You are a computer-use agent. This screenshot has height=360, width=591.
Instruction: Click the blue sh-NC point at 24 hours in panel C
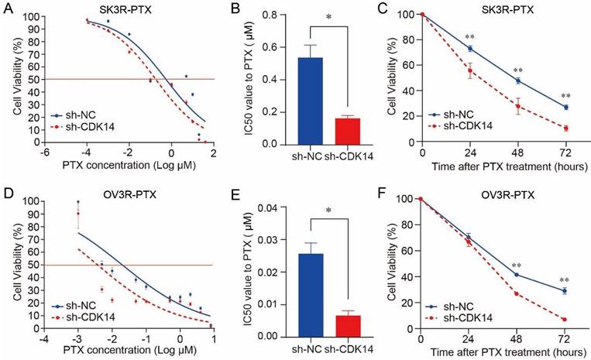point(469,49)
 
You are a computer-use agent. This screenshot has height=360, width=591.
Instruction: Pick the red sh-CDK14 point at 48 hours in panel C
point(517,107)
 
